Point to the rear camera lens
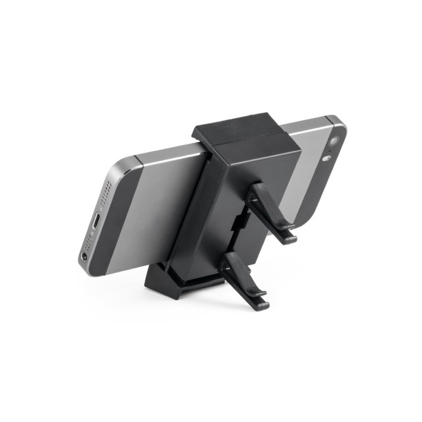coord(334,141)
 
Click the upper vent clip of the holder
coord(270,211)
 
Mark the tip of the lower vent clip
coord(262,305)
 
